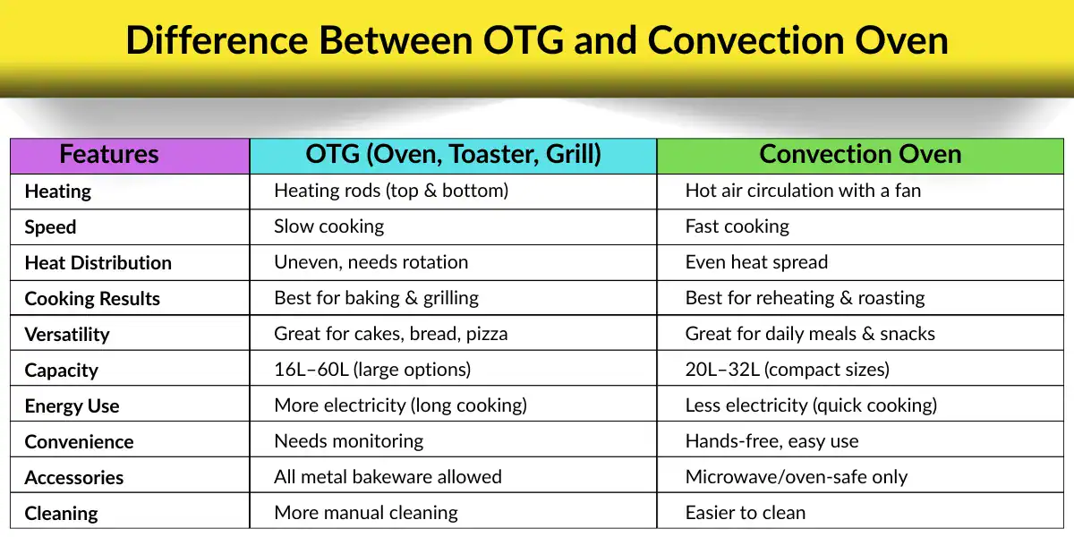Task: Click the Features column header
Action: tap(109, 155)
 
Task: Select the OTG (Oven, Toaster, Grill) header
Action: tap(453, 155)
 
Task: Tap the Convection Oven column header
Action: tap(860, 155)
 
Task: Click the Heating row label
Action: tap(58, 192)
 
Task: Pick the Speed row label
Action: tap(50, 227)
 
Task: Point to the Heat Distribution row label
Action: tap(98, 263)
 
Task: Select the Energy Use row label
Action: tap(72, 406)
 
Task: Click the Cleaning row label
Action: tap(62, 514)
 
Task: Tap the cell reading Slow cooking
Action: tap(328, 226)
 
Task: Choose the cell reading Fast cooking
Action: tap(737, 226)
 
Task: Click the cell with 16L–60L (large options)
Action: tap(372, 370)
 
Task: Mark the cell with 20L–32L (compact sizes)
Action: tap(787, 370)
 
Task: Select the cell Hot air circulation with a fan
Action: tap(803, 191)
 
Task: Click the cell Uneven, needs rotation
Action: tap(371, 262)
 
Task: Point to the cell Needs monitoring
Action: tap(348, 441)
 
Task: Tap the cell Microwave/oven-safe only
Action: tap(796, 477)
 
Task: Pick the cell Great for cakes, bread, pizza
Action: tap(390, 334)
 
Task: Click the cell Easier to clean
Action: tap(745, 513)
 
